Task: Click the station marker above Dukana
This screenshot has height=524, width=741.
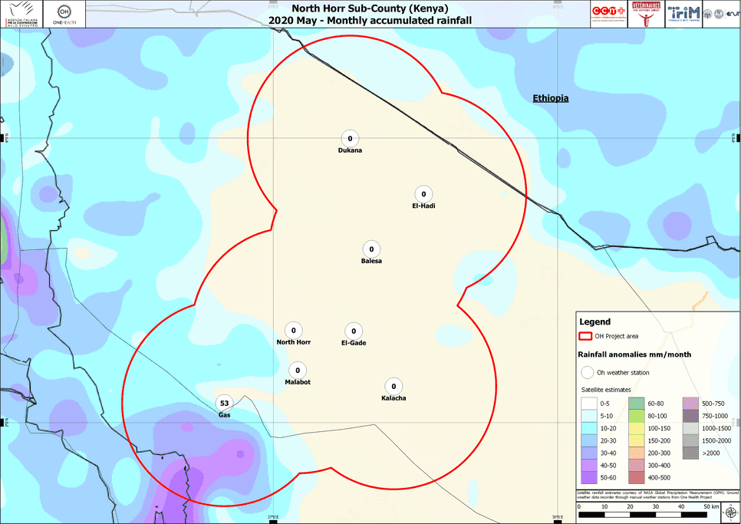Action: [x=350, y=138]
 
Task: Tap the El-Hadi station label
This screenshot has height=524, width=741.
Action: [x=423, y=206]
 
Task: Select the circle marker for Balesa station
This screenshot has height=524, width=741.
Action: [x=371, y=249]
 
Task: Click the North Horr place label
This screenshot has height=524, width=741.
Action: [x=293, y=342]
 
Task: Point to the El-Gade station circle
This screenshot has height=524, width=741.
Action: [x=353, y=330]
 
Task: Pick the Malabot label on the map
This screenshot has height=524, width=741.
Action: [x=298, y=382]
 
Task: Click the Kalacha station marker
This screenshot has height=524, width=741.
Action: [x=394, y=386]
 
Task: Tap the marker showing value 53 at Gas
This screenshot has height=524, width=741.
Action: [x=224, y=403]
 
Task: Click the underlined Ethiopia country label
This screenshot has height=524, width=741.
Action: [x=551, y=98]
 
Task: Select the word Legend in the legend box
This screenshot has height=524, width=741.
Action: [x=594, y=322]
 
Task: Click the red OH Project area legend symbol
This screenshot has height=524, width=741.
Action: [x=585, y=336]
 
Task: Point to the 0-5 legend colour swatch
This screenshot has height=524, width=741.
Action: [x=588, y=403]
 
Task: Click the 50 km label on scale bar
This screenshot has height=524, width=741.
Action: [x=710, y=507]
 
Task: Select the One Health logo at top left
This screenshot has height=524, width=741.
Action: [x=65, y=15]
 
